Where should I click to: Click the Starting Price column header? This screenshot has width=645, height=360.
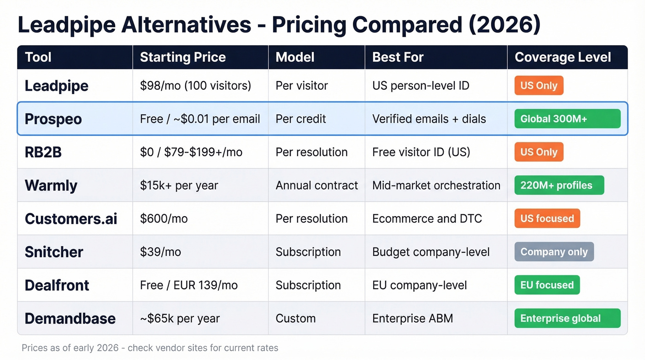[x=182, y=57]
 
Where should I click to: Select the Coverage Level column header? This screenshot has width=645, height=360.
[x=563, y=57]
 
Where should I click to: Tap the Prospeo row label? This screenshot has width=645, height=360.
[x=53, y=119]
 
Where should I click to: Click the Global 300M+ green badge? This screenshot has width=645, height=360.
[x=567, y=119]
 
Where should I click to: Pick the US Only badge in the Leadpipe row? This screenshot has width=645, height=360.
[x=539, y=86]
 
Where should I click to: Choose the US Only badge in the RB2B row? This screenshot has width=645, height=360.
[x=539, y=152]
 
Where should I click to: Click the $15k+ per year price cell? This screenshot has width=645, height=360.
[x=179, y=185]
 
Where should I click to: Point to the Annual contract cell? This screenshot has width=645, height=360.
[x=317, y=185]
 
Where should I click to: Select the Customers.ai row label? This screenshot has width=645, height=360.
[x=71, y=218]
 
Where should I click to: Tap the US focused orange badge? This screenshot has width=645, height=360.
[x=547, y=218]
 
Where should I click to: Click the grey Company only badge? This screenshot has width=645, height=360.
[x=554, y=252]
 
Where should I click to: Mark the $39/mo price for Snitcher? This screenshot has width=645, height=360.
[x=160, y=252]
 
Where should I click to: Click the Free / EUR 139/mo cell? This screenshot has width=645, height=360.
[x=189, y=285]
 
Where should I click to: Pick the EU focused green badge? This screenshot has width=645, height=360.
[x=547, y=285]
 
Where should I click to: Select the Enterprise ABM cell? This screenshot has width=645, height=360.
[x=412, y=318]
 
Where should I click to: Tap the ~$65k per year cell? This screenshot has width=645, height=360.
[x=180, y=318]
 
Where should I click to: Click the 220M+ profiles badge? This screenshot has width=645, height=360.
[x=559, y=185]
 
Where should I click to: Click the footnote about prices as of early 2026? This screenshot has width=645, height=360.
[x=150, y=348]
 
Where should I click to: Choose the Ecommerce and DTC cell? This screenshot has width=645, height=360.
[x=427, y=218]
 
